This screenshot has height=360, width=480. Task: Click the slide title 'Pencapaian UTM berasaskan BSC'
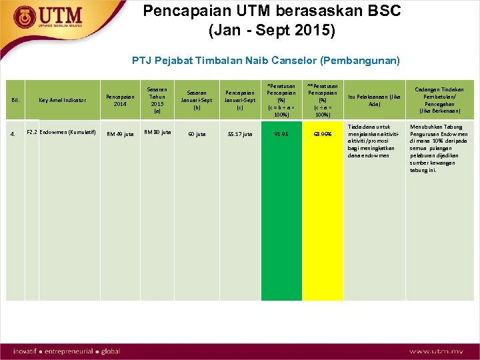point(273,11)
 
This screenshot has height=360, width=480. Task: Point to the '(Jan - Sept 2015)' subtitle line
point(272,31)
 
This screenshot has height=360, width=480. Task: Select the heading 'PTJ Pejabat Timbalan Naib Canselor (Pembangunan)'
point(266,61)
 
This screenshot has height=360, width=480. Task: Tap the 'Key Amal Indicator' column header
point(62,100)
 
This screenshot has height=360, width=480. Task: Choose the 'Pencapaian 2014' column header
point(120,100)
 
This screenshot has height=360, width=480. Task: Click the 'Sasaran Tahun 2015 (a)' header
point(157,100)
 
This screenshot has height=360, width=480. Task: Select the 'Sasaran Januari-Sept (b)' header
point(197,100)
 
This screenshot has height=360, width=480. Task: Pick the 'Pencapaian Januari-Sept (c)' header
point(239,100)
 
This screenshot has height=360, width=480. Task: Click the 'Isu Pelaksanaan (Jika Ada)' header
point(373,100)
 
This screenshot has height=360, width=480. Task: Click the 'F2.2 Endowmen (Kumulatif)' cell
point(62,132)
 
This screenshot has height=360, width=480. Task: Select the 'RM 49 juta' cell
point(120,134)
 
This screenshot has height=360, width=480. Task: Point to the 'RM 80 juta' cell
point(157,132)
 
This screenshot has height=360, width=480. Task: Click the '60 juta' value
point(197,134)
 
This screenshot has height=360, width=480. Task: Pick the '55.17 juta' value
point(239,134)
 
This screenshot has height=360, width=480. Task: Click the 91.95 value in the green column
point(281,134)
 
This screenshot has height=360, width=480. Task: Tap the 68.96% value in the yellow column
point(323,134)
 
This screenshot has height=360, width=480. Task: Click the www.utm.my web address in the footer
point(437,351)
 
